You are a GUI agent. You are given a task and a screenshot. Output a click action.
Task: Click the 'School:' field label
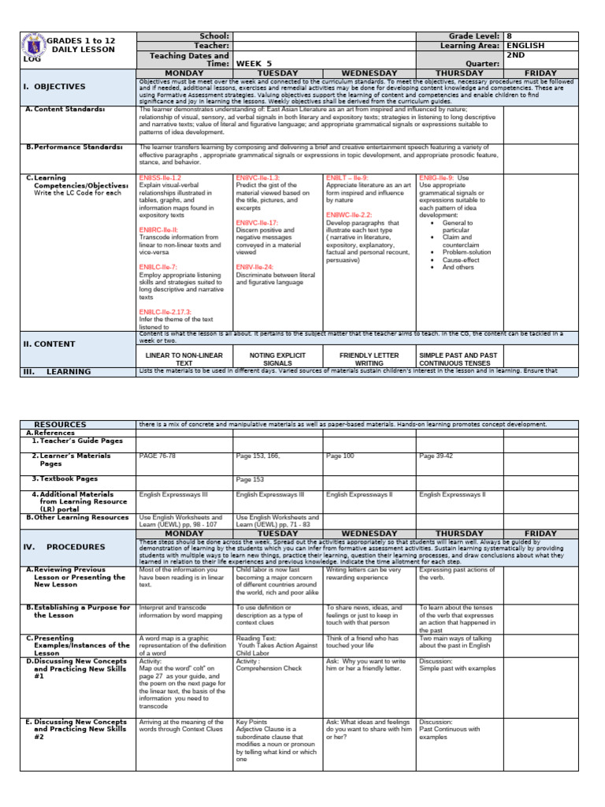point(215,36)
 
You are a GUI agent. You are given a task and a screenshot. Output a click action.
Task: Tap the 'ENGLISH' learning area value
point(525,46)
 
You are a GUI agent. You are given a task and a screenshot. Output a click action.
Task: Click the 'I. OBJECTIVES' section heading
point(54,87)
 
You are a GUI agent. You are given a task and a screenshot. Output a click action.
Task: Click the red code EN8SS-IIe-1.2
point(160,178)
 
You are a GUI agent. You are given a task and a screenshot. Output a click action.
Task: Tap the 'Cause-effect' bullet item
point(460,259)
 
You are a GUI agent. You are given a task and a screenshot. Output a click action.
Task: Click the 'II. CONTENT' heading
point(49,344)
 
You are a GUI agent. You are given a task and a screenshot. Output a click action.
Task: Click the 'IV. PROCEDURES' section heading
point(64,546)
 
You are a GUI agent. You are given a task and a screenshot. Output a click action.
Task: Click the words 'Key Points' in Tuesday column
point(252,722)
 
